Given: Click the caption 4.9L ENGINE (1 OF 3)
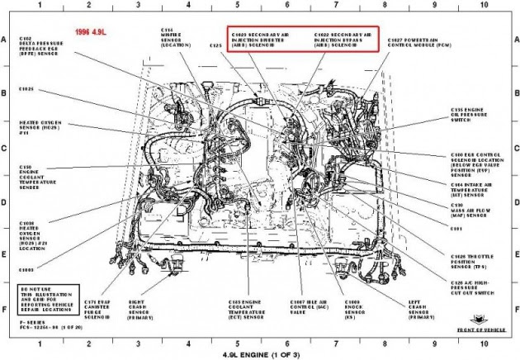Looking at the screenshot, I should [260, 353].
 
